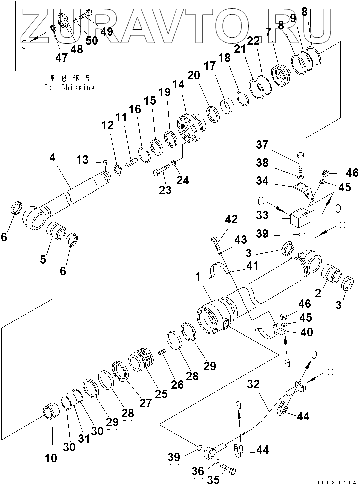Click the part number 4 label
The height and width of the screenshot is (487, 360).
[53, 158]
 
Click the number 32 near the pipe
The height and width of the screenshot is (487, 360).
[254, 384]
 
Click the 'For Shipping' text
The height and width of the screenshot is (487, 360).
[69, 87]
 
